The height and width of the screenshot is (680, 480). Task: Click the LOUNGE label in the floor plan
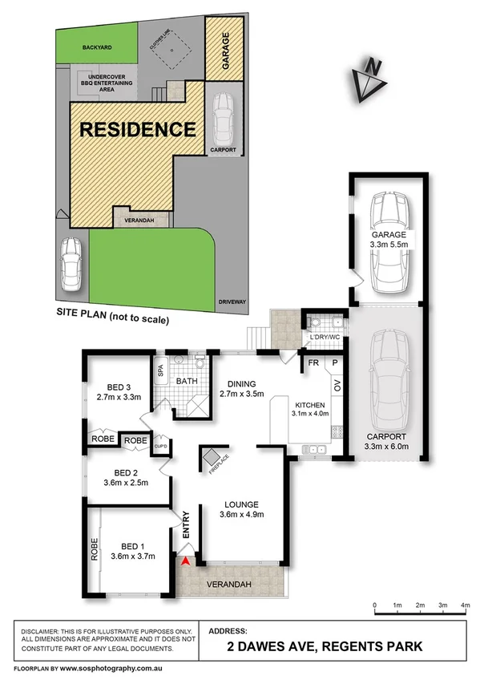point(241,503)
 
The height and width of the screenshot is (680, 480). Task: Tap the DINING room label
point(240,383)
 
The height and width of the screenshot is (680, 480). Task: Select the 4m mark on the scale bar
point(466,605)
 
